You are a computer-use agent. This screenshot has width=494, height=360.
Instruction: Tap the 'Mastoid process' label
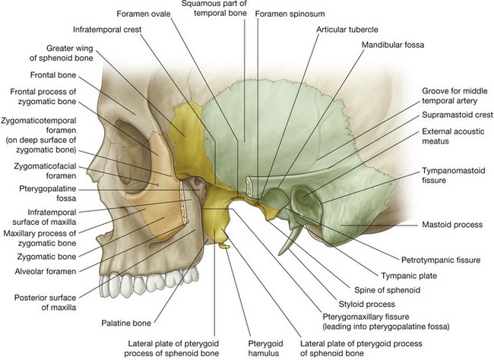tap(453, 225)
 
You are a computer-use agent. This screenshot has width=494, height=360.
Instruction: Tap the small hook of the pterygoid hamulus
tap(225, 245)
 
